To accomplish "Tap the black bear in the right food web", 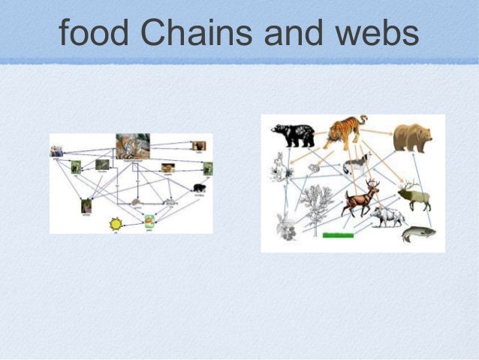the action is click(x=293, y=135).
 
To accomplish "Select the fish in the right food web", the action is click(x=417, y=234).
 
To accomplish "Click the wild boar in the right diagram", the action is click(x=387, y=216).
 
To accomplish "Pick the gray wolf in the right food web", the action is click(x=357, y=165).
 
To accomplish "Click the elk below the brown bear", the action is click(x=414, y=195).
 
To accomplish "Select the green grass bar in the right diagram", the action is click(x=337, y=235).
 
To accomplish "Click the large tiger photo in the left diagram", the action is click(x=133, y=145).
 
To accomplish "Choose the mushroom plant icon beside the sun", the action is click(x=150, y=221).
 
